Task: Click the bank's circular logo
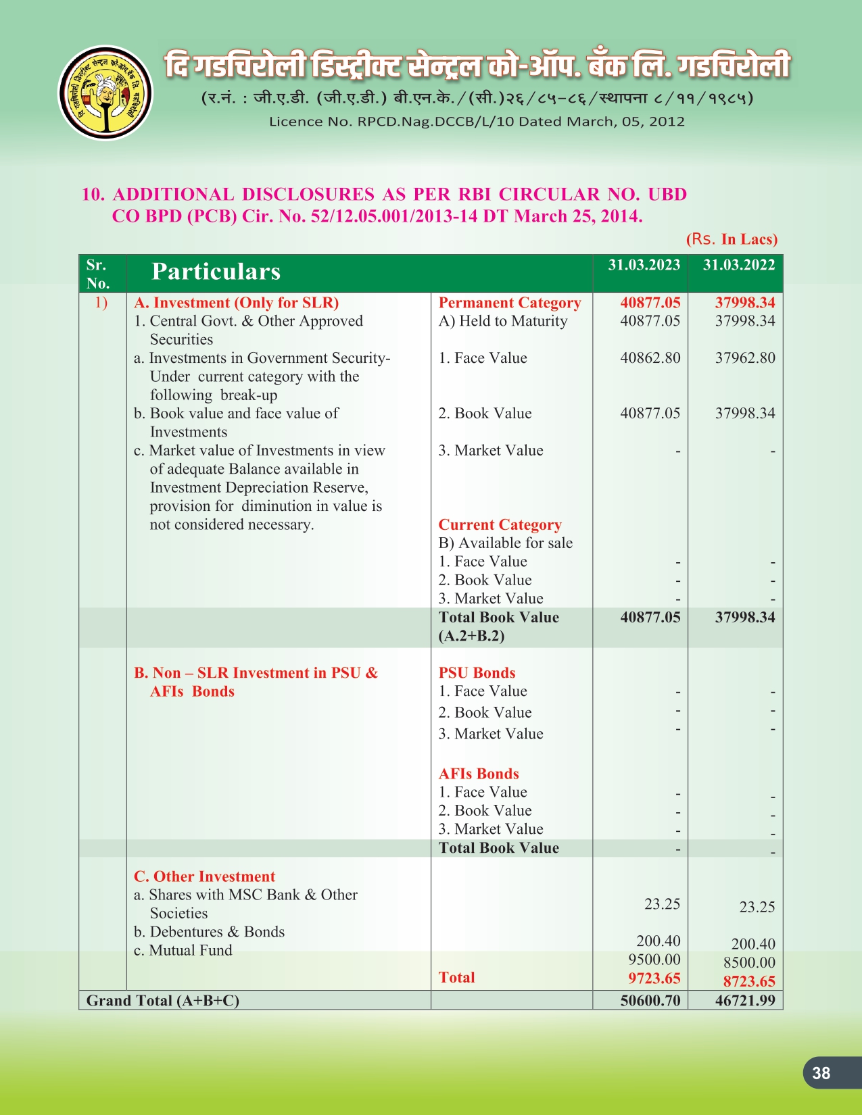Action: [x=105, y=93]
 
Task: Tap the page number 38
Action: [x=821, y=1073]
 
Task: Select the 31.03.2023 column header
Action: [x=644, y=265]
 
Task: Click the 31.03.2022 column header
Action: [x=738, y=265]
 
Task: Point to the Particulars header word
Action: [x=216, y=272]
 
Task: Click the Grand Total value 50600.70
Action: [x=650, y=1000]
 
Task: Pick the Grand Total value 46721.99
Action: [x=745, y=1000]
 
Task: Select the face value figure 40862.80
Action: [x=650, y=358]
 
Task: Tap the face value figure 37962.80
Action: [x=745, y=358]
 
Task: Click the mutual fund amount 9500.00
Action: [x=654, y=960]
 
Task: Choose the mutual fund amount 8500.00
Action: [x=749, y=962]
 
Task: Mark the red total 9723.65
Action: [x=654, y=978]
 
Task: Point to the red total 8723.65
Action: [x=749, y=981]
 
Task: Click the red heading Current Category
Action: [x=500, y=525]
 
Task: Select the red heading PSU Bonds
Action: [x=477, y=673]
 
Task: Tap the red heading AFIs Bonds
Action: [x=479, y=774]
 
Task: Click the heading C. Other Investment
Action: [x=204, y=876]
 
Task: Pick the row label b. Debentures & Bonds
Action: [x=209, y=932]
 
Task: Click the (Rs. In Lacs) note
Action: [x=732, y=239]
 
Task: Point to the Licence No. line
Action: [x=477, y=122]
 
